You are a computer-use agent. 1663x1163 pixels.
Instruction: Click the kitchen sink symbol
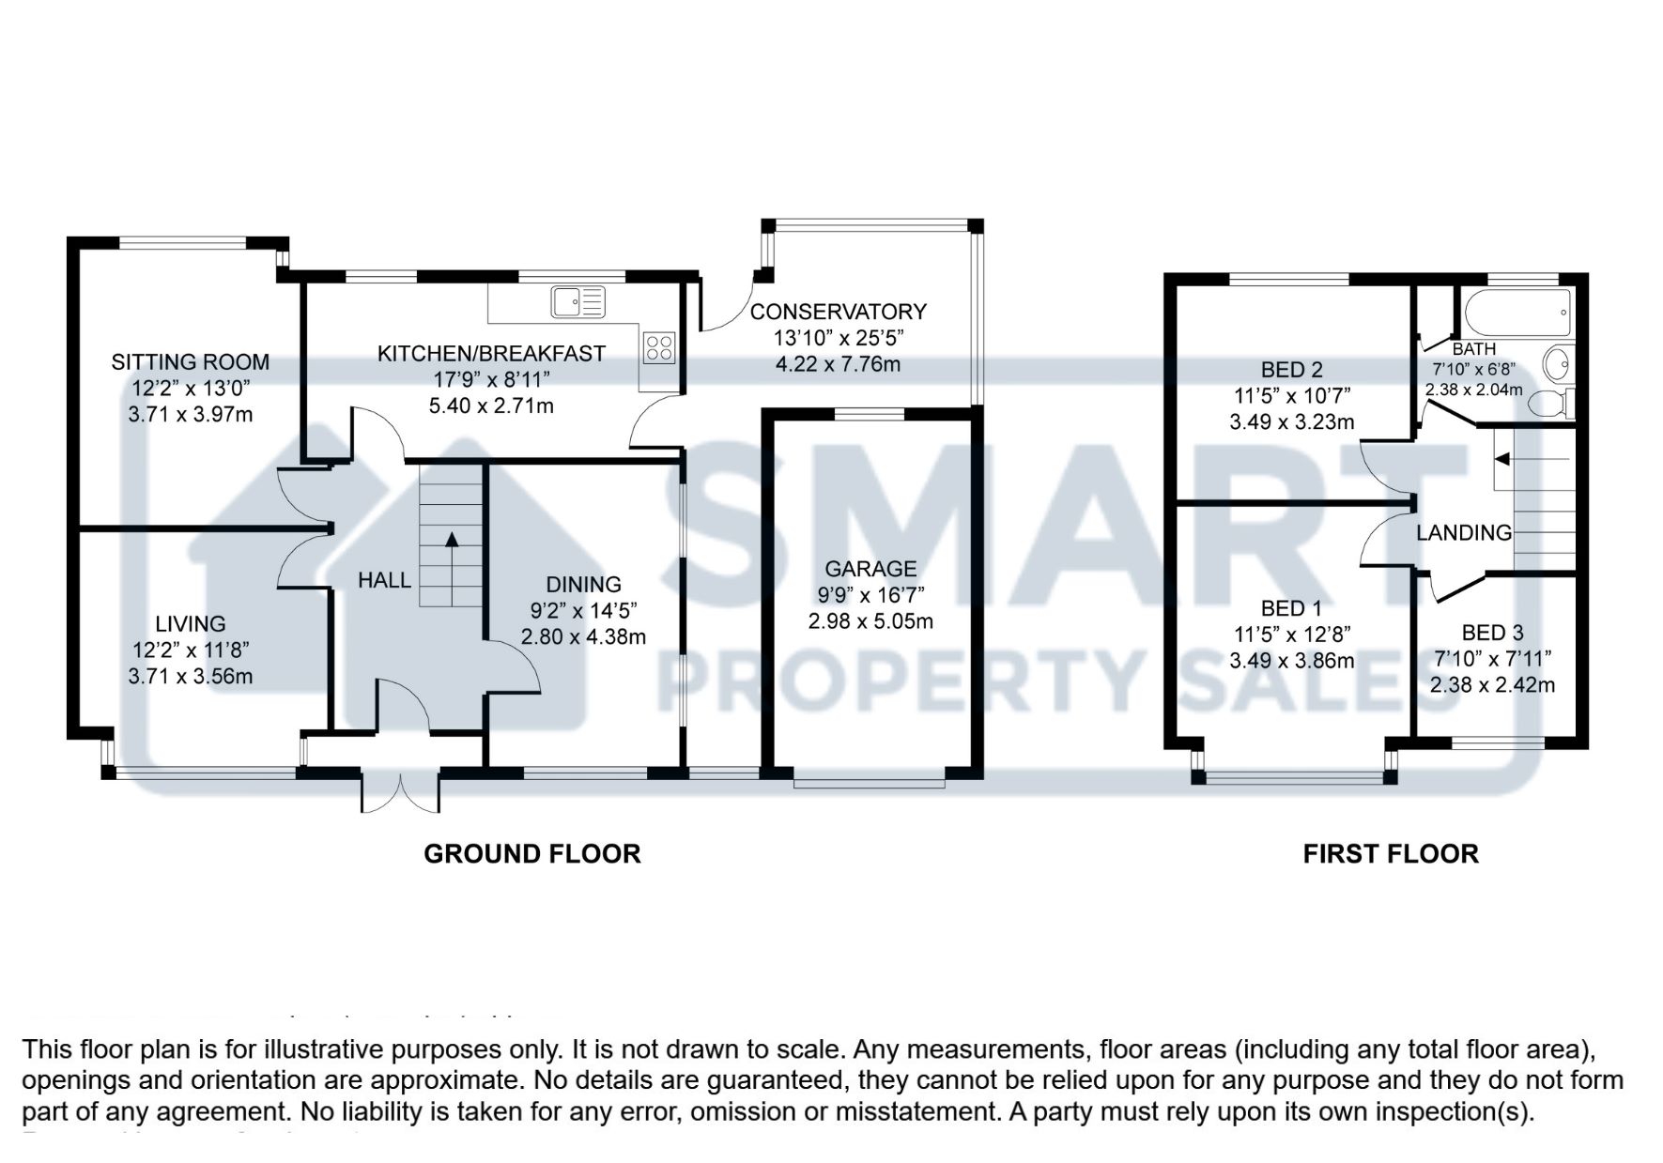point(578,301)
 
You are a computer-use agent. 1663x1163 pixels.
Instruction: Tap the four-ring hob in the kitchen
point(659,347)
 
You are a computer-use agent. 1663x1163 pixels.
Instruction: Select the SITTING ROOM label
point(190,361)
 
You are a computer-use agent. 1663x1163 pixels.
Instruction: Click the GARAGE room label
point(870,568)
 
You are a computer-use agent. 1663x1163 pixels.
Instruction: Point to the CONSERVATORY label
point(838,311)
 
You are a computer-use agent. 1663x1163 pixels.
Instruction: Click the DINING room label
point(583,584)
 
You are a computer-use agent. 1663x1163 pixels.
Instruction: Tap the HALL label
point(384,580)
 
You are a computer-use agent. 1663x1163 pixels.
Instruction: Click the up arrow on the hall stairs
point(452,540)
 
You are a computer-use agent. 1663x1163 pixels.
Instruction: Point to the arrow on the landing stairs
point(1502,459)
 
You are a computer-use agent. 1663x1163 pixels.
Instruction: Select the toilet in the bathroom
point(1549,404)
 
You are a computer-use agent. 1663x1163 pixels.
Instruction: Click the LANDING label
point(1463,533)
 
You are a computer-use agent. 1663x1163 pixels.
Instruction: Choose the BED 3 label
point(1492,633)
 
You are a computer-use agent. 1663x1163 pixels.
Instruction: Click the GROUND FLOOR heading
point(531,853)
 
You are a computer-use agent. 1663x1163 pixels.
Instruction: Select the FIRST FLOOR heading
point(1390,853)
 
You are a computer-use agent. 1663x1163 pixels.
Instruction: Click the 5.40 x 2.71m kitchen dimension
point(491,406)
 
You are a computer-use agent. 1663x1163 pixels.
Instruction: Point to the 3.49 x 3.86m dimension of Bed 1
point(1291,660)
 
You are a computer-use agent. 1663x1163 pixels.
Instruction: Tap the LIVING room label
point(191,623)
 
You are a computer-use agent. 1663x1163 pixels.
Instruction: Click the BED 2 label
point(1291,370)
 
